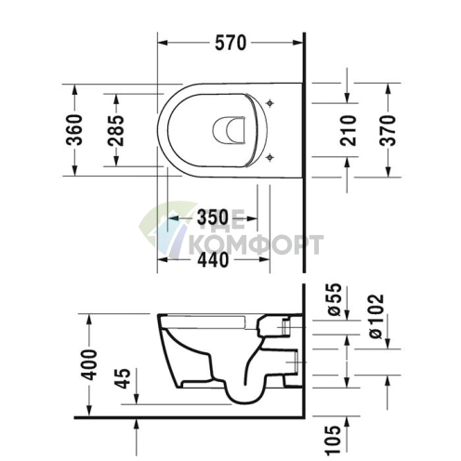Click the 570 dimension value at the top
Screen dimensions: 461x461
[230, 42]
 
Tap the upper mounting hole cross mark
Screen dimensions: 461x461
[270, 101]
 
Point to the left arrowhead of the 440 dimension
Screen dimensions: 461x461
[161, 260]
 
